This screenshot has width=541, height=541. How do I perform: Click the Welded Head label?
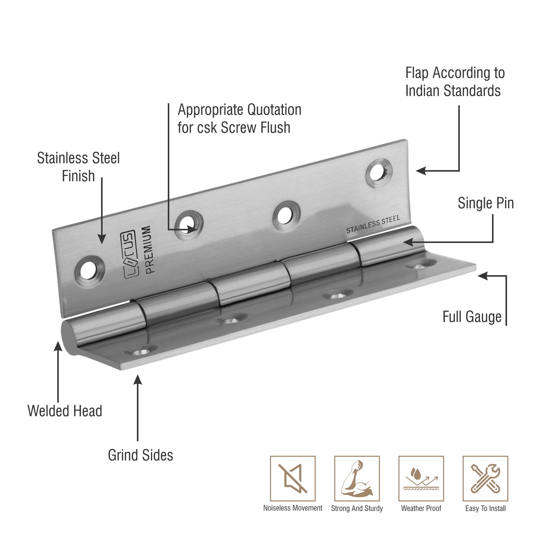click(x=65, y=411)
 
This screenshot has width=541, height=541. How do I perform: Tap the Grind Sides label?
click(x=140, y=455)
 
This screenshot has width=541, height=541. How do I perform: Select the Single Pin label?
click(x=486, y=203)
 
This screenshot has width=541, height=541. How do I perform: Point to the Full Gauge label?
click(x=472, y=317)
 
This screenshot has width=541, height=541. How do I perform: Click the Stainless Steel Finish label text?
click(x=78, y=167)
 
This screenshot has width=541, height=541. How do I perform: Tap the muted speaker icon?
click(x=293, y=478)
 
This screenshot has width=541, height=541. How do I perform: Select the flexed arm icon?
click(x=357, y=478)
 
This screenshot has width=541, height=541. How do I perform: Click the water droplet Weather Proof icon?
click(x=421, y=478)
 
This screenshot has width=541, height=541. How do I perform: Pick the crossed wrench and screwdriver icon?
click(x=486, y=478)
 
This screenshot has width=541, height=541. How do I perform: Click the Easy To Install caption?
click(x=486, y=508)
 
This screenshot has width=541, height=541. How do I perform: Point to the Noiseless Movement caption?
click(x=293, y=508)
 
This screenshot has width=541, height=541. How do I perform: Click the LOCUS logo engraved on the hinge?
click(x=129, y=255)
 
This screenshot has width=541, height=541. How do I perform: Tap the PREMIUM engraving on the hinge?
click(x=148, y=250)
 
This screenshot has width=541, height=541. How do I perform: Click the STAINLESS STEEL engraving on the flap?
click(x=373, y=225)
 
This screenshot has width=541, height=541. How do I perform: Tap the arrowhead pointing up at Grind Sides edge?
click(x=138, y=380)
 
